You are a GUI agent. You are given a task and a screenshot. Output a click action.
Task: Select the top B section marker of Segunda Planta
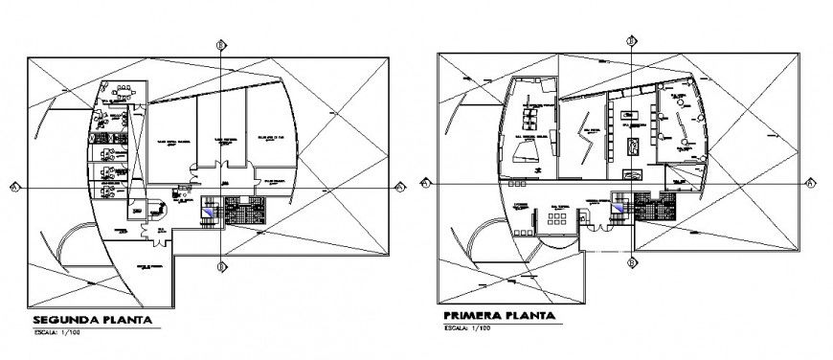pyautogui.click(x=221, y=45)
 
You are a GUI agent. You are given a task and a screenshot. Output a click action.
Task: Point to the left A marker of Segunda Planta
pyautogui.click(x=14, y=186)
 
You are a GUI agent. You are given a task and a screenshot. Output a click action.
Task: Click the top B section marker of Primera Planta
pyautogui.click(x=632, y=40)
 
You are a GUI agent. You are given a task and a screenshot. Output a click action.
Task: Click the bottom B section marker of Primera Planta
pyautogui.click(x=632, y=260)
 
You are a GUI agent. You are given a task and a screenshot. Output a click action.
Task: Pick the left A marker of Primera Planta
pyautogui.click(x=425, y=181)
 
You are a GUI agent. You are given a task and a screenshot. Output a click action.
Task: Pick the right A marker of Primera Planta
pyautogui.click(x=810, y=182)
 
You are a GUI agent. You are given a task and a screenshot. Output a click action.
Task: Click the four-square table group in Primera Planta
pyautogui.click(x=555, y=219)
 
